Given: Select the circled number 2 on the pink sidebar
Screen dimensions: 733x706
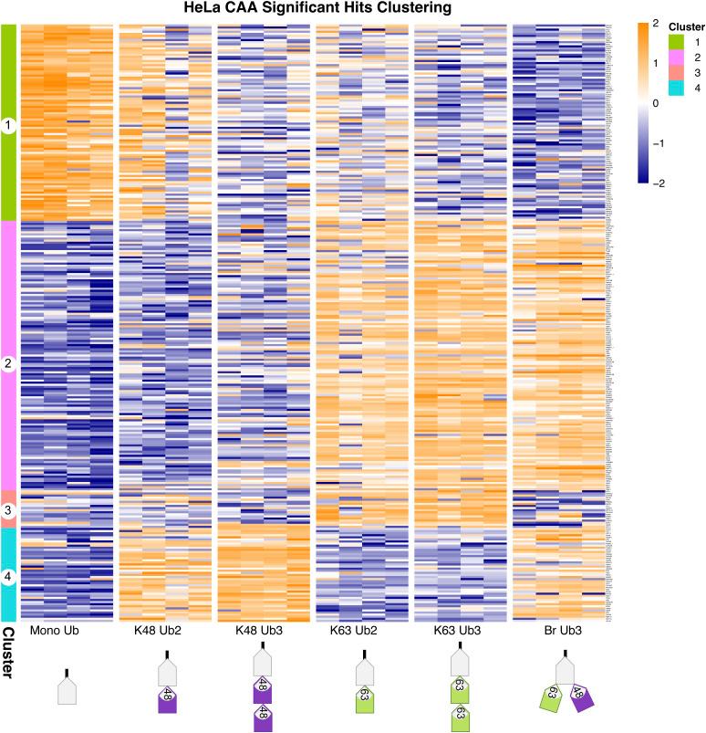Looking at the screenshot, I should click(9, 364).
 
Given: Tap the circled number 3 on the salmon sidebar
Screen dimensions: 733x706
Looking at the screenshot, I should click(9, 510).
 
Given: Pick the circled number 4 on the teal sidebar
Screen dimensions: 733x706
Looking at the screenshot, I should click(9, 576).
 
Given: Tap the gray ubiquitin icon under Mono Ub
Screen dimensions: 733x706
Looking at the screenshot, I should click(66, 689).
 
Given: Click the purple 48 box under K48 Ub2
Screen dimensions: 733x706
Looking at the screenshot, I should click(167, 701).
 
